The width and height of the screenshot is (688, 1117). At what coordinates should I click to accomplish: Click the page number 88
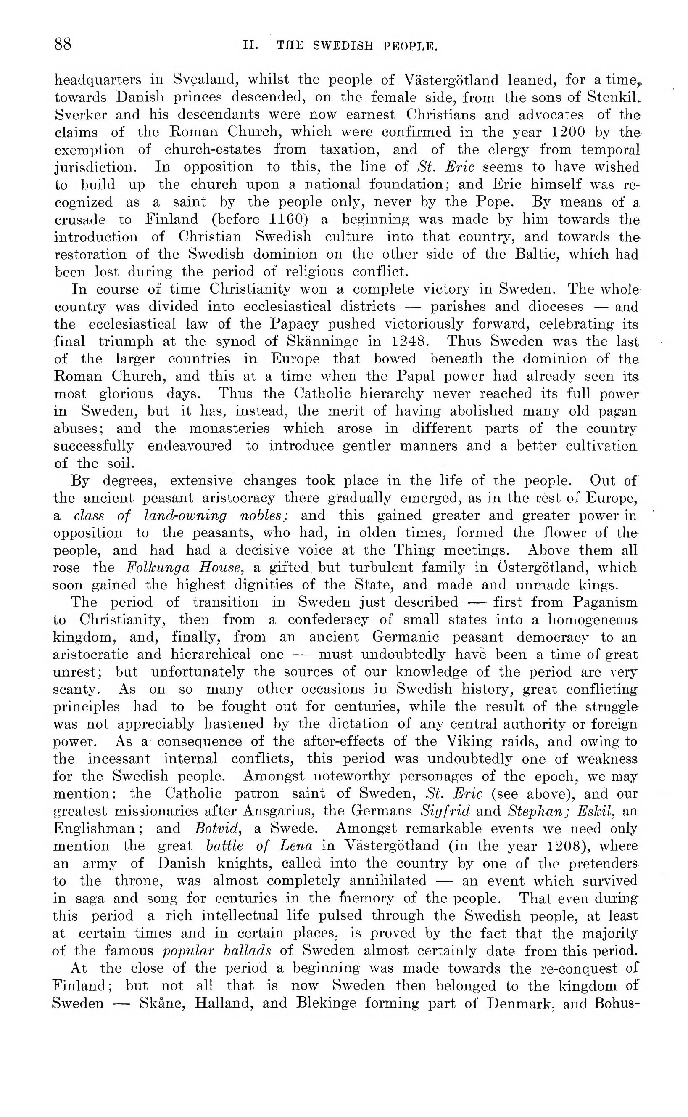coord(63,45)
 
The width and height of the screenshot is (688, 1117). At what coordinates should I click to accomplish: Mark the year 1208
coord(563,846)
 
